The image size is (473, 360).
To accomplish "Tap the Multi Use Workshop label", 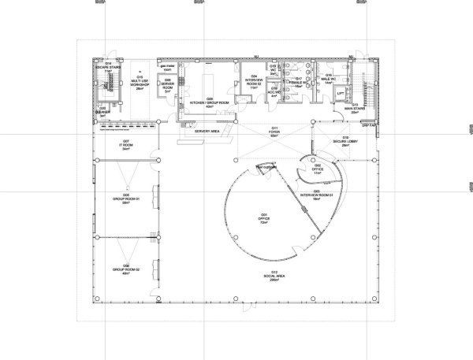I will coord(139,81).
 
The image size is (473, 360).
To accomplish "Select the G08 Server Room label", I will coord(167,82).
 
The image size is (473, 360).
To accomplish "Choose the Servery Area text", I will coord(207,132).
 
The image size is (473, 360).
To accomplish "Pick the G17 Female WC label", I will coord(298,81).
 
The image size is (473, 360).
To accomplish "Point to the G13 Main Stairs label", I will coord(355,109).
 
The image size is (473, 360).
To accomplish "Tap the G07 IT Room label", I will coord(125,145).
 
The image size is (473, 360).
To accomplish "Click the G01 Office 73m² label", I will coord(265,218).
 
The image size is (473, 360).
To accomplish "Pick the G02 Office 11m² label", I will coord(317,168).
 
